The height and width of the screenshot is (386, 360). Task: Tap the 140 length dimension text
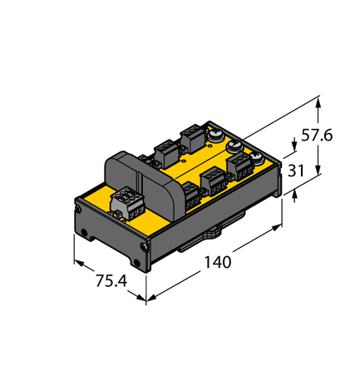tap(217, 263)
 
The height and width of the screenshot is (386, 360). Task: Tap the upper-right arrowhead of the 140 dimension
tap(279, 225)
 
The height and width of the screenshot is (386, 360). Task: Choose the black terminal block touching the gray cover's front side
tap(190, 195)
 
